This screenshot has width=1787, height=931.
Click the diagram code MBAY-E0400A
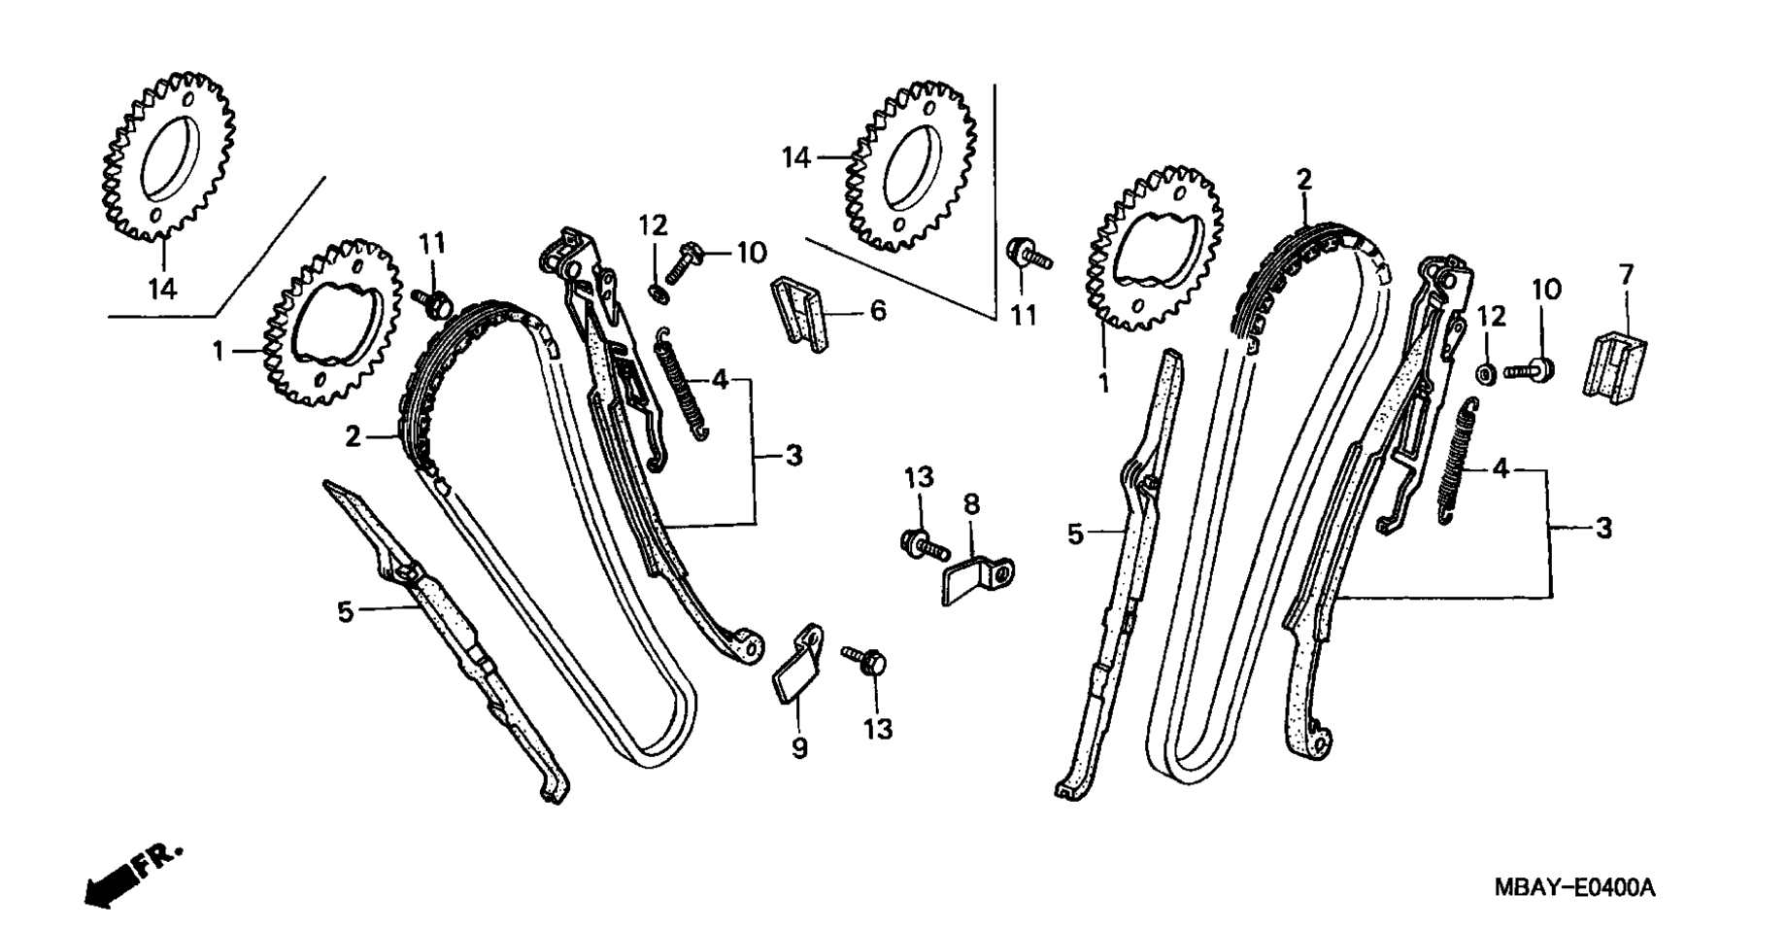1573,888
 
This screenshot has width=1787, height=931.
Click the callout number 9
799,750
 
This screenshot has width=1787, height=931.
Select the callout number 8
971,504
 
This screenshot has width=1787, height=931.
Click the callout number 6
878,311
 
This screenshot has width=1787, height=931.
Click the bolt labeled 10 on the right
1530,370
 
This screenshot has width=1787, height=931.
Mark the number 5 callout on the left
345,612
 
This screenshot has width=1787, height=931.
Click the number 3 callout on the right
1603,529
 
